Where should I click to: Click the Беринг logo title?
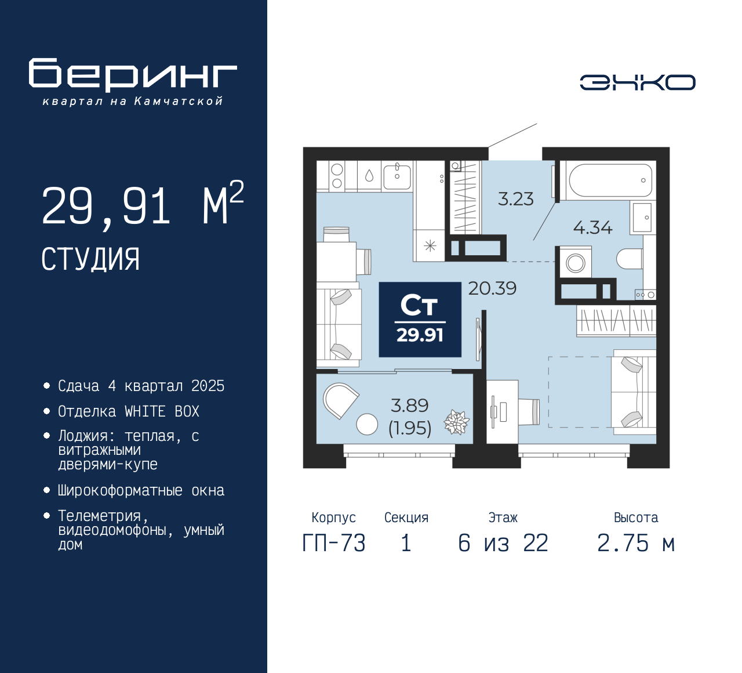[133, 75]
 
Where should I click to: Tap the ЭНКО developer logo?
[637, 82]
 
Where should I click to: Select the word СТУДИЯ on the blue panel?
[90, 259]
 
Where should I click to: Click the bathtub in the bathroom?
[610, 180]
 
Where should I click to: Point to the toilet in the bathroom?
[630, 258]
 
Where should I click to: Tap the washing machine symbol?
[576, 263]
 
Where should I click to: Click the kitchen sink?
[397, 176]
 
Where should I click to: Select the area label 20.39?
[492, 288]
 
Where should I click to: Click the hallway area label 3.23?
[515, 199]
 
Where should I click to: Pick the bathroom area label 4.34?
[592, 227]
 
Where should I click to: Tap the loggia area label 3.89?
[410, 406]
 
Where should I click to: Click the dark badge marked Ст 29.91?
[420, 320]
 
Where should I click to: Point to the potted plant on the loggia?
[456, 422]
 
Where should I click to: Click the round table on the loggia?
[367, 424]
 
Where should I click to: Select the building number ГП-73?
[334, 543]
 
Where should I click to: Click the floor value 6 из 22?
[503, 543]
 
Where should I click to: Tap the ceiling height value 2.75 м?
[636, 543]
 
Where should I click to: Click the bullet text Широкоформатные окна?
[141, 490]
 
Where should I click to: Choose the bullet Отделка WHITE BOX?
[129, 411]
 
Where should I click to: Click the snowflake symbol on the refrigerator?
[430, 246]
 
